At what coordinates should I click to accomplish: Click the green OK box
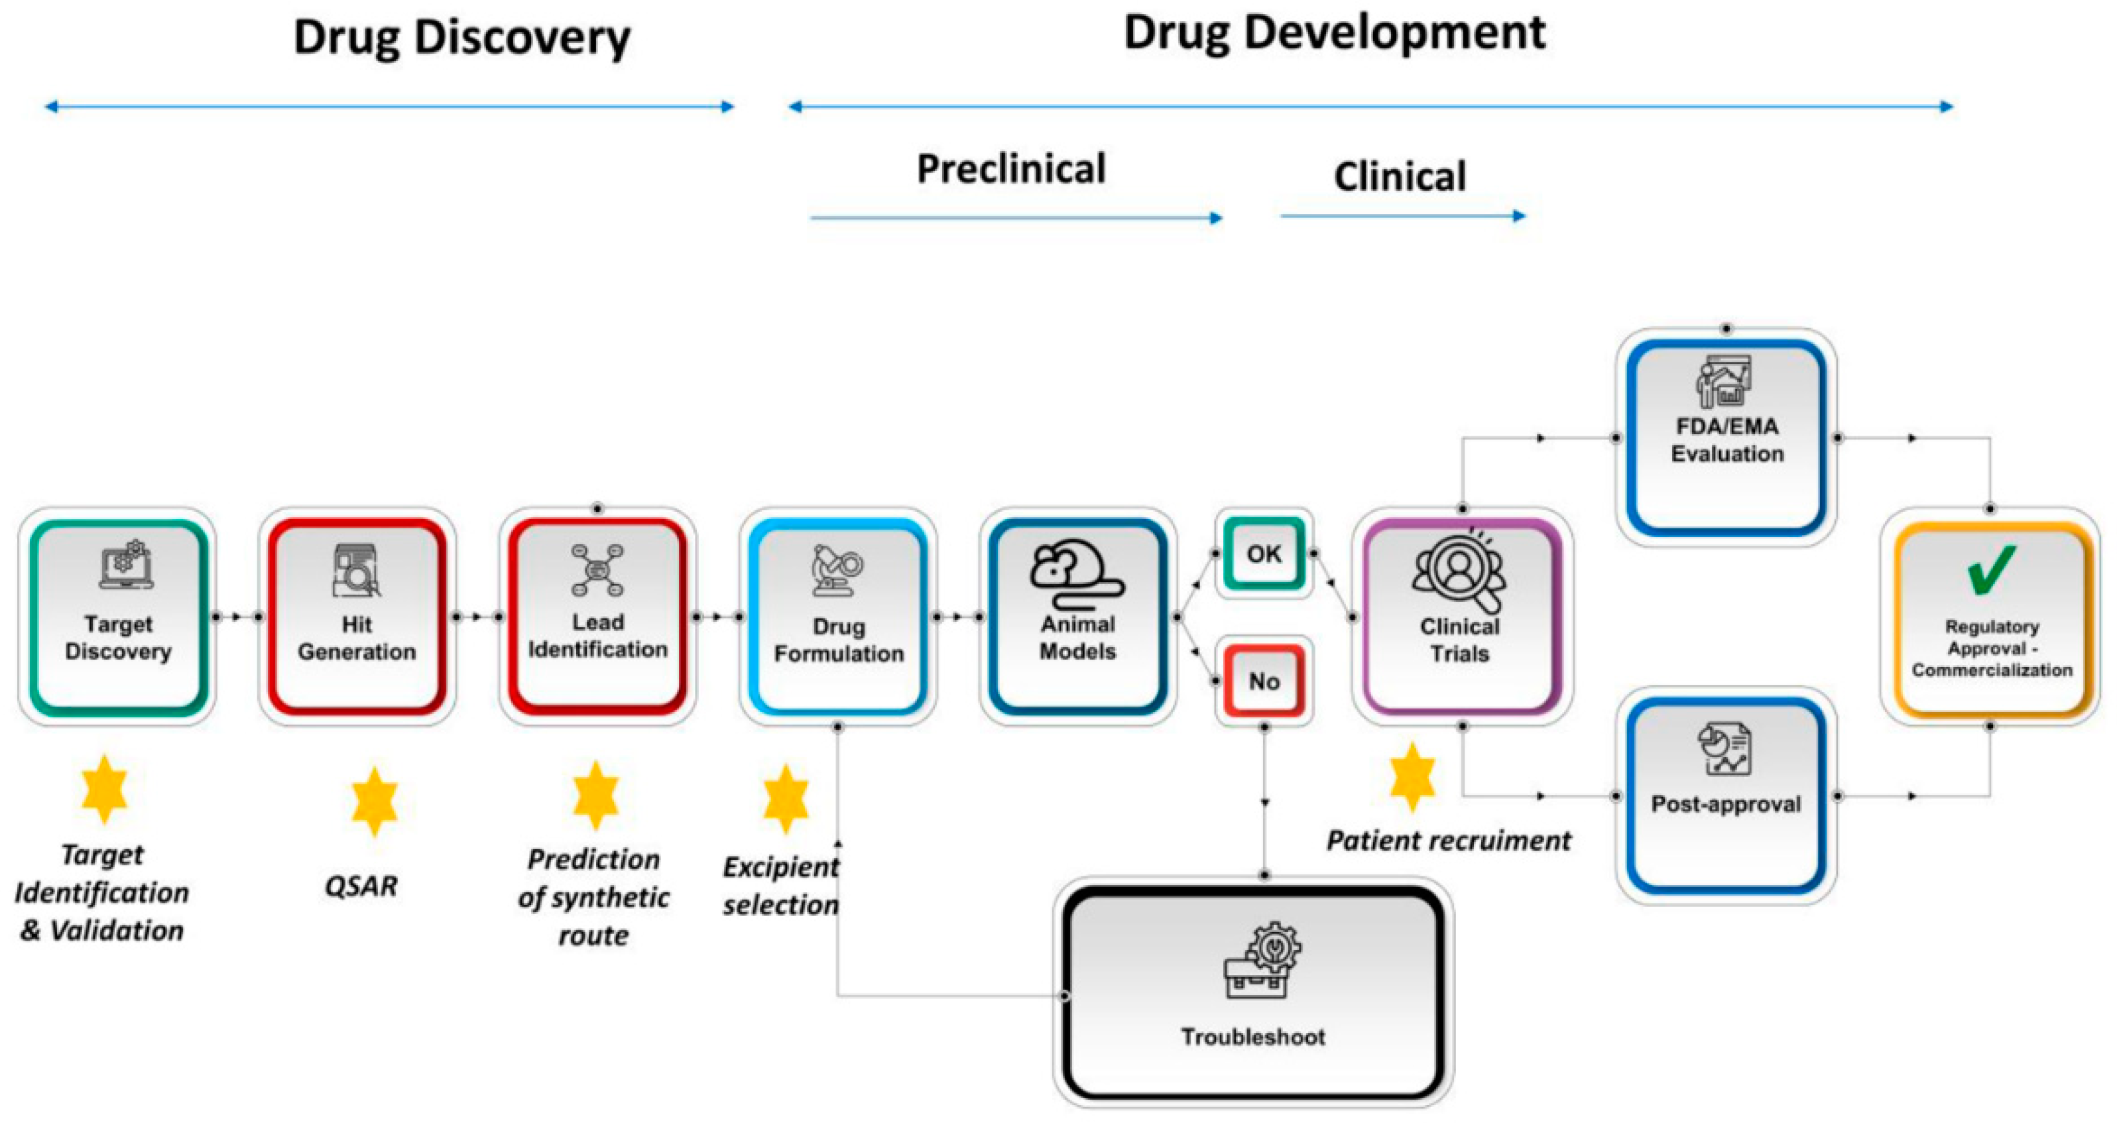coord(1263,553)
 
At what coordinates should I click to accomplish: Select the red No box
coord(1263,680)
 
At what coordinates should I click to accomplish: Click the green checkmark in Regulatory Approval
coord(1990,570)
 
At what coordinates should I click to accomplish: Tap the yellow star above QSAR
coord(374,800)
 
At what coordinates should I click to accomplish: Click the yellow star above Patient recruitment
coord(1412,776)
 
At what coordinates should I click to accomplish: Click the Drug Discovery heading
coord(462,38)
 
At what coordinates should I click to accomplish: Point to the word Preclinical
coord(1011,169)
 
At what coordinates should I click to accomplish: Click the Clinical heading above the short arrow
coord(1399,176)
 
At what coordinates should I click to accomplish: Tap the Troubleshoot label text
coord(1252,1037)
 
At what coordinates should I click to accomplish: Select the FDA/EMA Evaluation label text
coord(1726,440)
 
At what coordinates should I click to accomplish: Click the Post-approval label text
coord(1726,803)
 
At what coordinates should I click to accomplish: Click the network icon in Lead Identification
coord(597,569)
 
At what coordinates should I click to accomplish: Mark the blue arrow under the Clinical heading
coord(1402,216)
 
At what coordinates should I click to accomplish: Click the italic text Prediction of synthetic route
coord(593,897)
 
